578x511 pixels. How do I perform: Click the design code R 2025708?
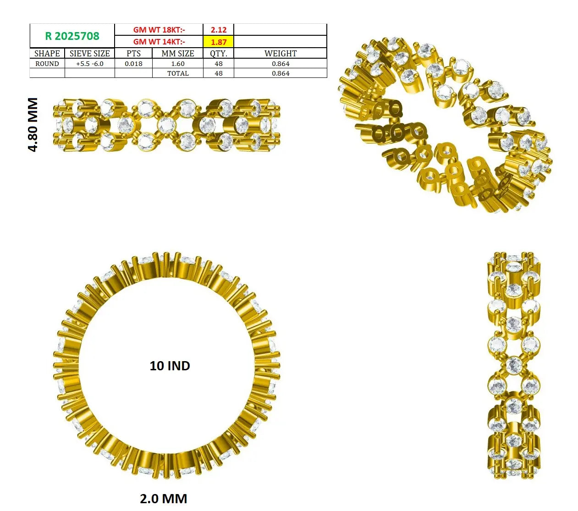pos(72,36)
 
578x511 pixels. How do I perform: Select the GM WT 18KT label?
pos(159,30)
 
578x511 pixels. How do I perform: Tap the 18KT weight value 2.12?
pos(219,30)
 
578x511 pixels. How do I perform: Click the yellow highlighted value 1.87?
pos(219,42)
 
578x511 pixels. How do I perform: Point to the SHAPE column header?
pos(47,54)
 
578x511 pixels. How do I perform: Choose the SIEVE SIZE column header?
pos(89,54)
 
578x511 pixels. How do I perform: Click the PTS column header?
pos(133,54)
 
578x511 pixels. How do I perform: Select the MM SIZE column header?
pos(178,54)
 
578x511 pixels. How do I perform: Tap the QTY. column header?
pos(219,54)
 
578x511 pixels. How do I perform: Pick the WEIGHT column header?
pos(281,54)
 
